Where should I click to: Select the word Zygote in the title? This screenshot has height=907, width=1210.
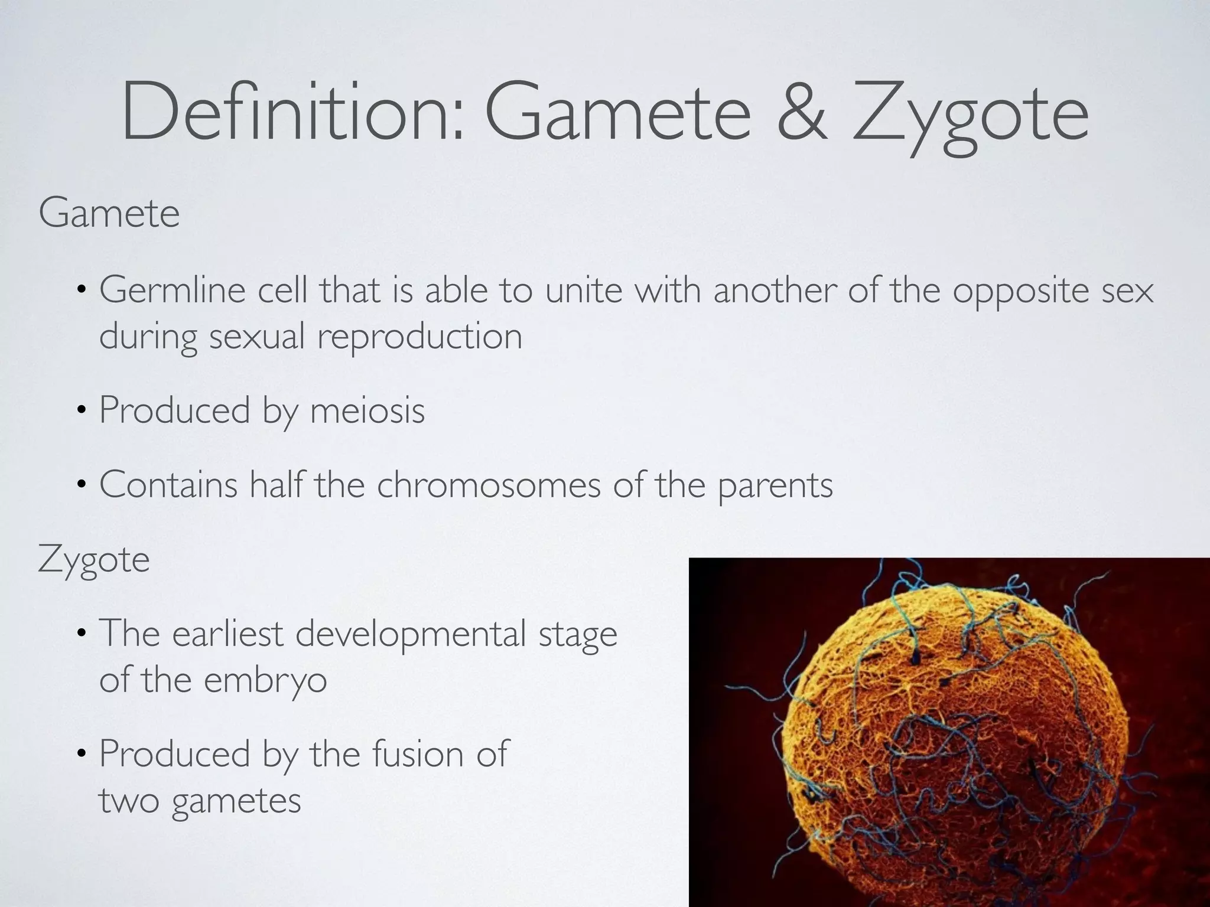[x=969, y=115]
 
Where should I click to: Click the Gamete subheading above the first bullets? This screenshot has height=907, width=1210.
[x=109, y=213]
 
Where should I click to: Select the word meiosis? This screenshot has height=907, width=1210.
[x=367, y=410]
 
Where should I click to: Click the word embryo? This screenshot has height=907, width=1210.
[x=265, y=681]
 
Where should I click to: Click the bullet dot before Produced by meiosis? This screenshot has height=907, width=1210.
[x=82, y=412]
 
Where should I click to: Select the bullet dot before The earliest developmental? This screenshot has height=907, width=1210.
[x=82, y=636]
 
